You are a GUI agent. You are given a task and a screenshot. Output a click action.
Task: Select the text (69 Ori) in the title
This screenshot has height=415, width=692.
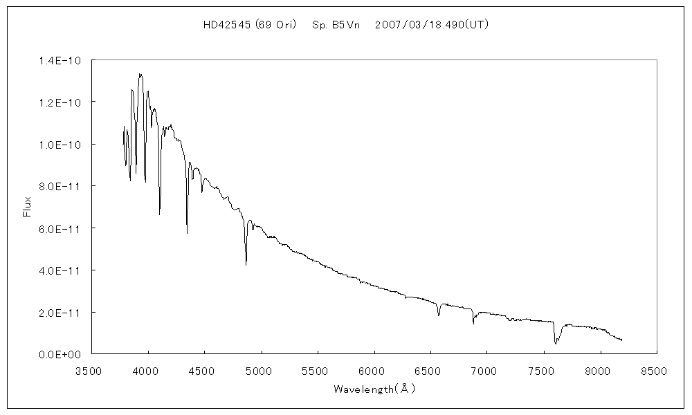coord(275,24)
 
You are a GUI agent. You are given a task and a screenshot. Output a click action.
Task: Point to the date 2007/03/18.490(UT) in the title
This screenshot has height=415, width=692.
coord(432,24)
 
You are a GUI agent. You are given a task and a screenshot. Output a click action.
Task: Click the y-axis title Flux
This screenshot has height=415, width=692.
coord(28,207)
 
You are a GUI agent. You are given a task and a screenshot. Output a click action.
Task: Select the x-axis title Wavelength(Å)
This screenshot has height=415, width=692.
coord(374,389)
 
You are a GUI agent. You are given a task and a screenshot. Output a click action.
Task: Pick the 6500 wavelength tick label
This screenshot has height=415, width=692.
coord(430,371)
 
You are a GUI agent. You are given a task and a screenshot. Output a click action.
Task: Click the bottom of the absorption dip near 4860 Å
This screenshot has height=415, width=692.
coord(246,264)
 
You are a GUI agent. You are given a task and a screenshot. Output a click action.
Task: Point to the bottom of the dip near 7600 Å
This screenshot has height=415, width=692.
coord(556,343)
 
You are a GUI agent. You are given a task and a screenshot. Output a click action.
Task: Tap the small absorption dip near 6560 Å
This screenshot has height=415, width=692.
coord(439,315)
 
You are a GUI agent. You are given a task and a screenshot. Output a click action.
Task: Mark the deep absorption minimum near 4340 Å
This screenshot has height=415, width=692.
coord(187,233)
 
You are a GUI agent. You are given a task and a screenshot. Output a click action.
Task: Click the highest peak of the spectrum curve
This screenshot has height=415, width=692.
coord(140,74)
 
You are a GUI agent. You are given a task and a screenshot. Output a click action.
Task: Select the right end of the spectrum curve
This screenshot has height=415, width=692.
coord(622,340)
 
